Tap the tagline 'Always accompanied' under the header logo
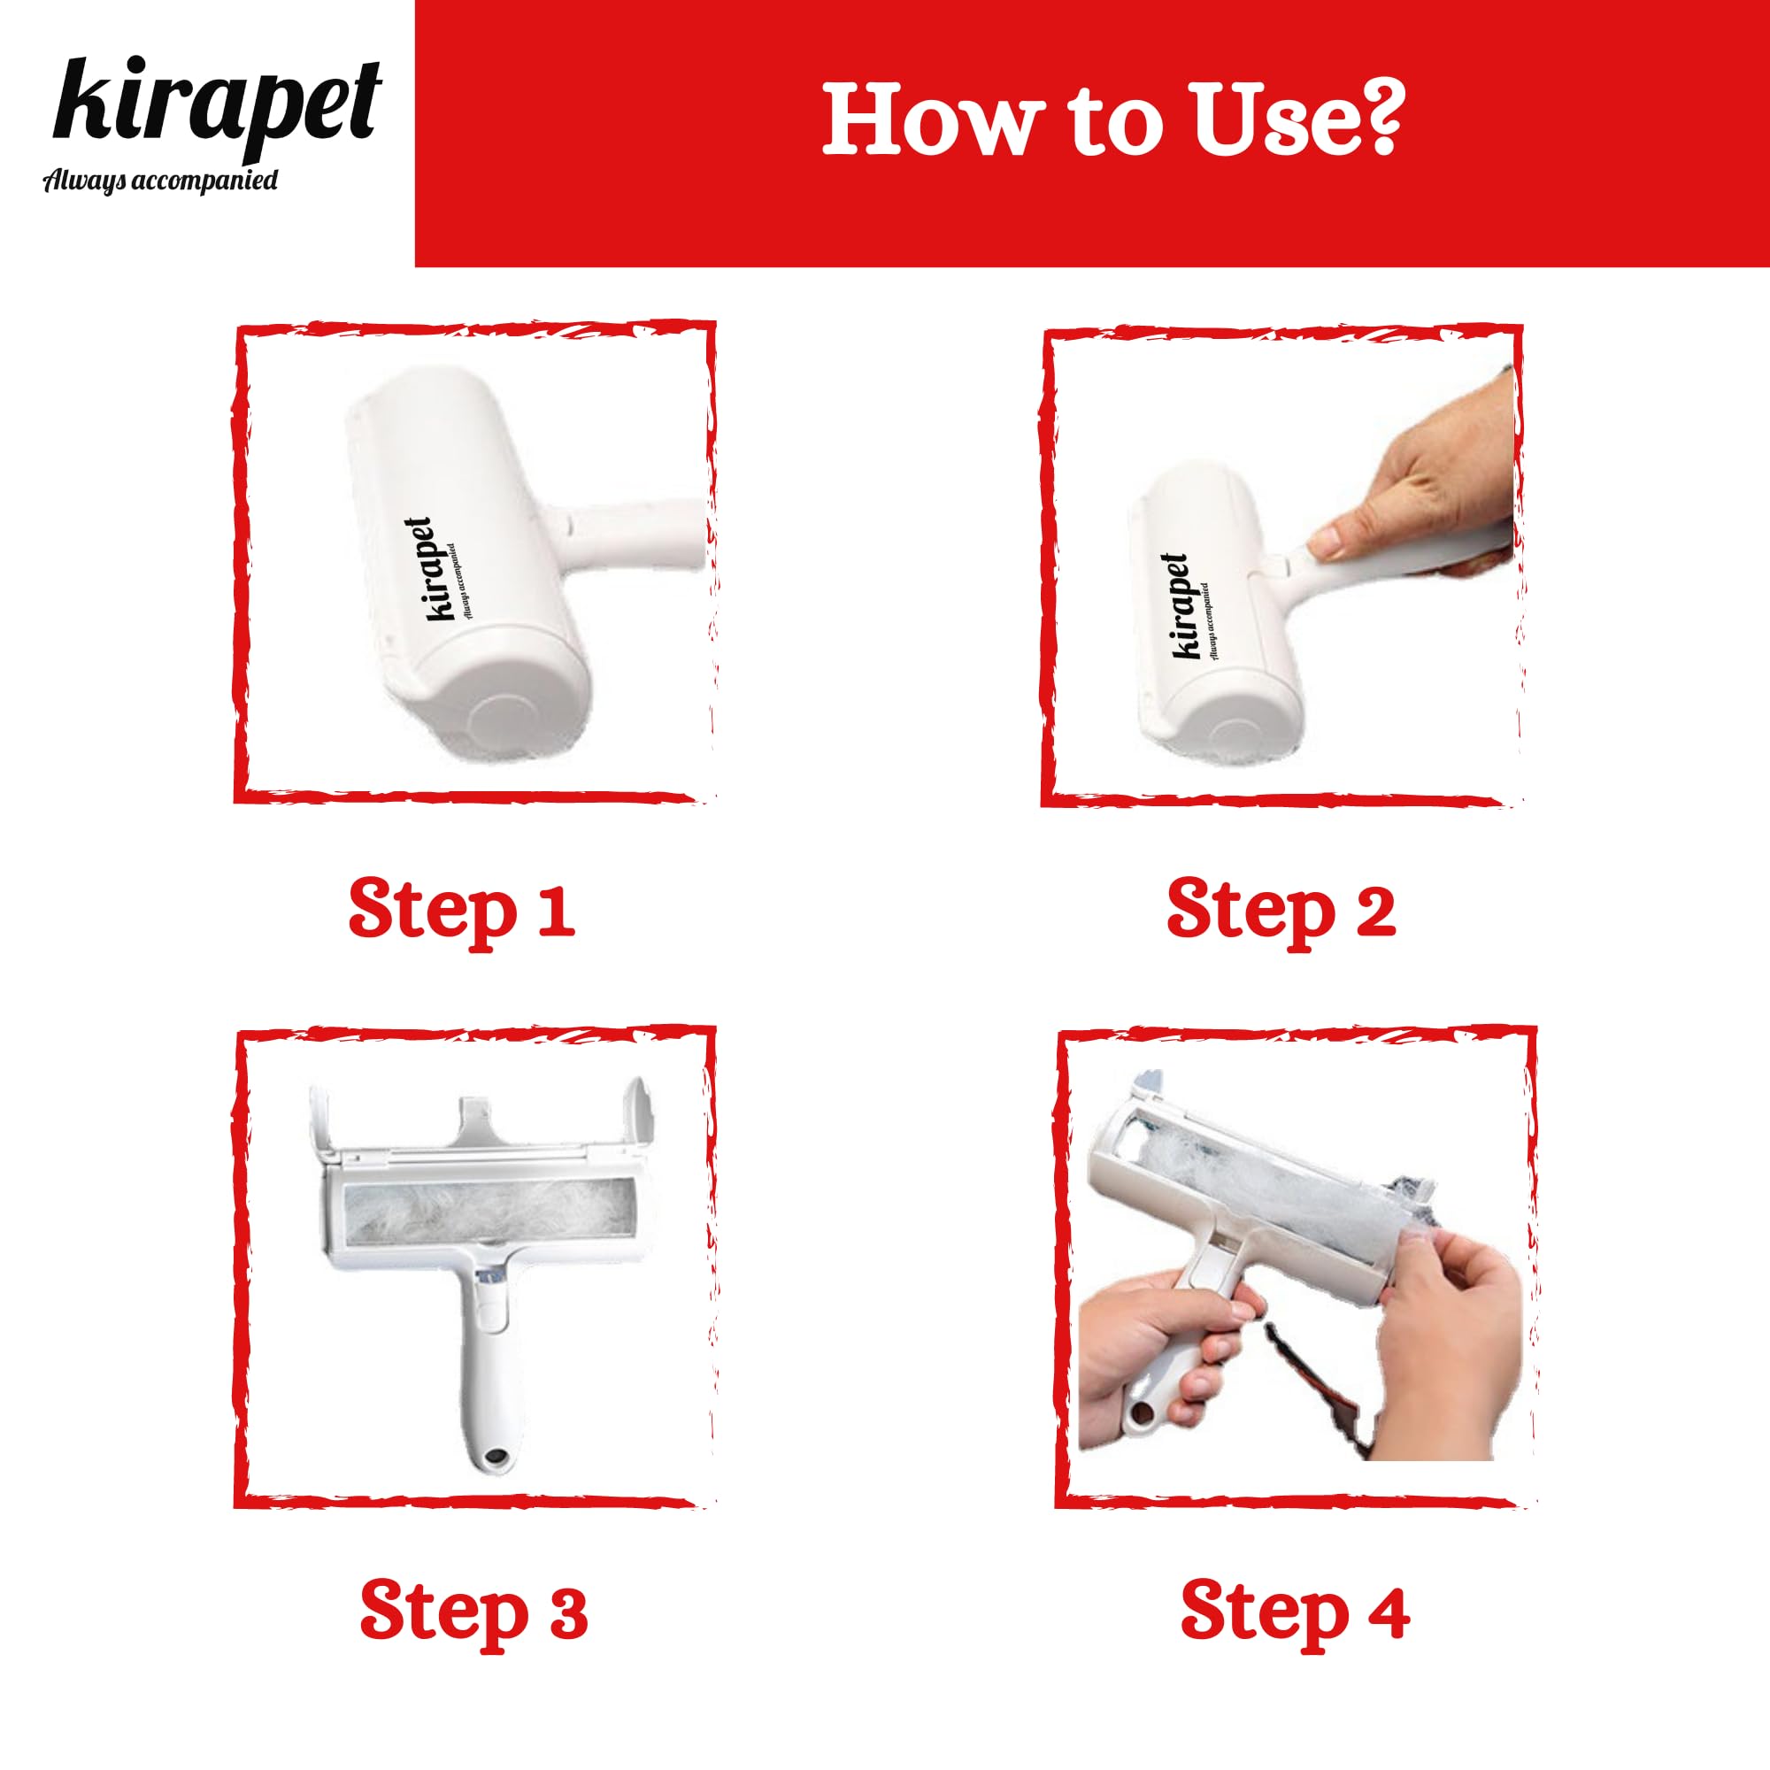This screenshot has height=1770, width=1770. (161, 181)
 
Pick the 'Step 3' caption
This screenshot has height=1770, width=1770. (473, 1612)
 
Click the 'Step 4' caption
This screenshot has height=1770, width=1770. (1296, 1612)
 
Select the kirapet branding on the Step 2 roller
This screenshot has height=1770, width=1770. (1191, 606)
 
